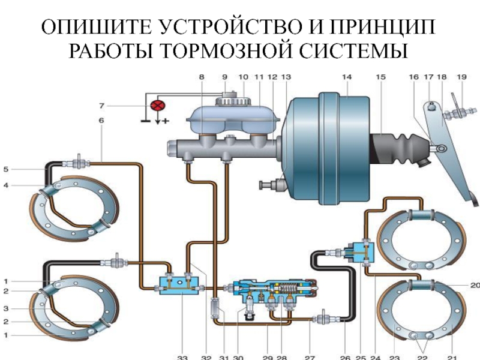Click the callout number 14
(346, 77)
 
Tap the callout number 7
(101, 106)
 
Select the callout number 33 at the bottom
(183, 358)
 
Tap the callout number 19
(461, 77)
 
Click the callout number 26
(346, 358)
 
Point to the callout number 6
(101, 121)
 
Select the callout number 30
(238, 358)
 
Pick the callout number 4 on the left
(5, 186)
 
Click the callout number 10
(243, 77)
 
